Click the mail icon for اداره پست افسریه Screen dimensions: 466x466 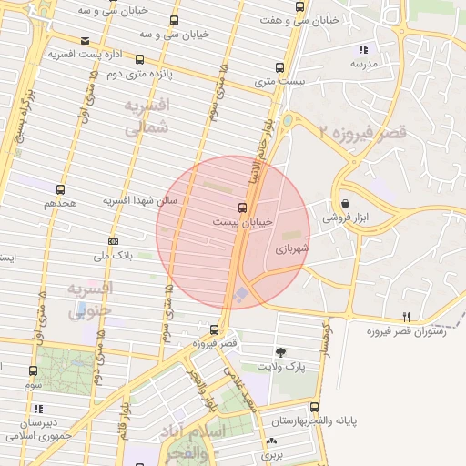(x=85, y=41)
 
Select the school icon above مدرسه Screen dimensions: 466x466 (x=364, y=49)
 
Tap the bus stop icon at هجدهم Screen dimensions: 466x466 (x=60, y=190)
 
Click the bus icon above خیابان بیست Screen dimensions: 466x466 (x=241, y=207)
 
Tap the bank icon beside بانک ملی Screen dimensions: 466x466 (x=113, y=241)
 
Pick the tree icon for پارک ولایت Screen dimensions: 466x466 (x=280, y=352)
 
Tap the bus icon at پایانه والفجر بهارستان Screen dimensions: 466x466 (x=315, y=407)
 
